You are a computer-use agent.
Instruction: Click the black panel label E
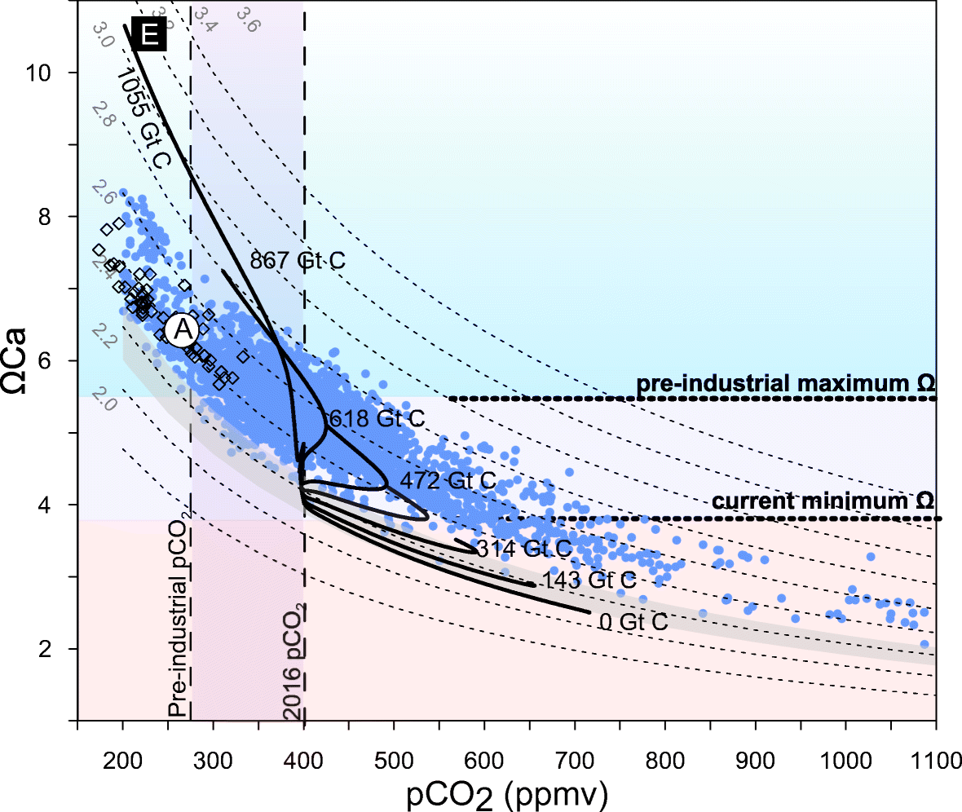click(x=148, y=34)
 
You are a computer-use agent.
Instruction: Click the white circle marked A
click(x=182, y=330)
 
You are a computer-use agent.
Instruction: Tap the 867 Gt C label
click(x=298, y=261)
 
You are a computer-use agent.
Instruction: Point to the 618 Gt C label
click(x=376, y=419)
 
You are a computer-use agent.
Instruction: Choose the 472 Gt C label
click(x=448, y=480)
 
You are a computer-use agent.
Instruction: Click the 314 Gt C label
click(x=524, y=547)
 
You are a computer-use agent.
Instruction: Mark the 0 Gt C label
click(x=633, y=622)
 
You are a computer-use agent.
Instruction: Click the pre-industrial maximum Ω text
click(x=784, y=383)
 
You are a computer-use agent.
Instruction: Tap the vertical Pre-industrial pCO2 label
click(x=180, y=620)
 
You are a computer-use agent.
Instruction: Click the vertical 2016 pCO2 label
click(x=293, y=662)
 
